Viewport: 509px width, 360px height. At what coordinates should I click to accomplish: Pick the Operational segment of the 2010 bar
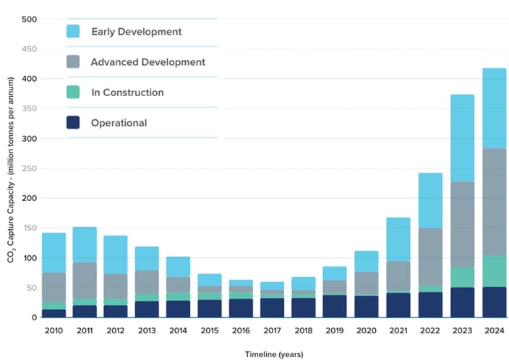tap(54, 313)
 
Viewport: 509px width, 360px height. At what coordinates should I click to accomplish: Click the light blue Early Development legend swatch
tap(73, 31)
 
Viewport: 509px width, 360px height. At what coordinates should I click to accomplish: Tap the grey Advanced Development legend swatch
tap(73, 62)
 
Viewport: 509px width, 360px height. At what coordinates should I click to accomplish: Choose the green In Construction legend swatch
tap(73, 93)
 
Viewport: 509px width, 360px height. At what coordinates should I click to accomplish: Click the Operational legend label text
tap(119, 123)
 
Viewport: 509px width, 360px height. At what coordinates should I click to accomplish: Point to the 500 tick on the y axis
tap(31, 19)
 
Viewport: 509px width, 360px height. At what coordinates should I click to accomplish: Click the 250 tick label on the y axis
tap(31, 168)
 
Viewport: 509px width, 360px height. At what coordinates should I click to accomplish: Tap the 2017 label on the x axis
tap(271, 330)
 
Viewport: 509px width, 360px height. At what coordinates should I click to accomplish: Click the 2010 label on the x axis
tap(54, 330)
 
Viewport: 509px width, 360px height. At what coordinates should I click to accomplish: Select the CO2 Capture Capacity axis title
tap(12, 189)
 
